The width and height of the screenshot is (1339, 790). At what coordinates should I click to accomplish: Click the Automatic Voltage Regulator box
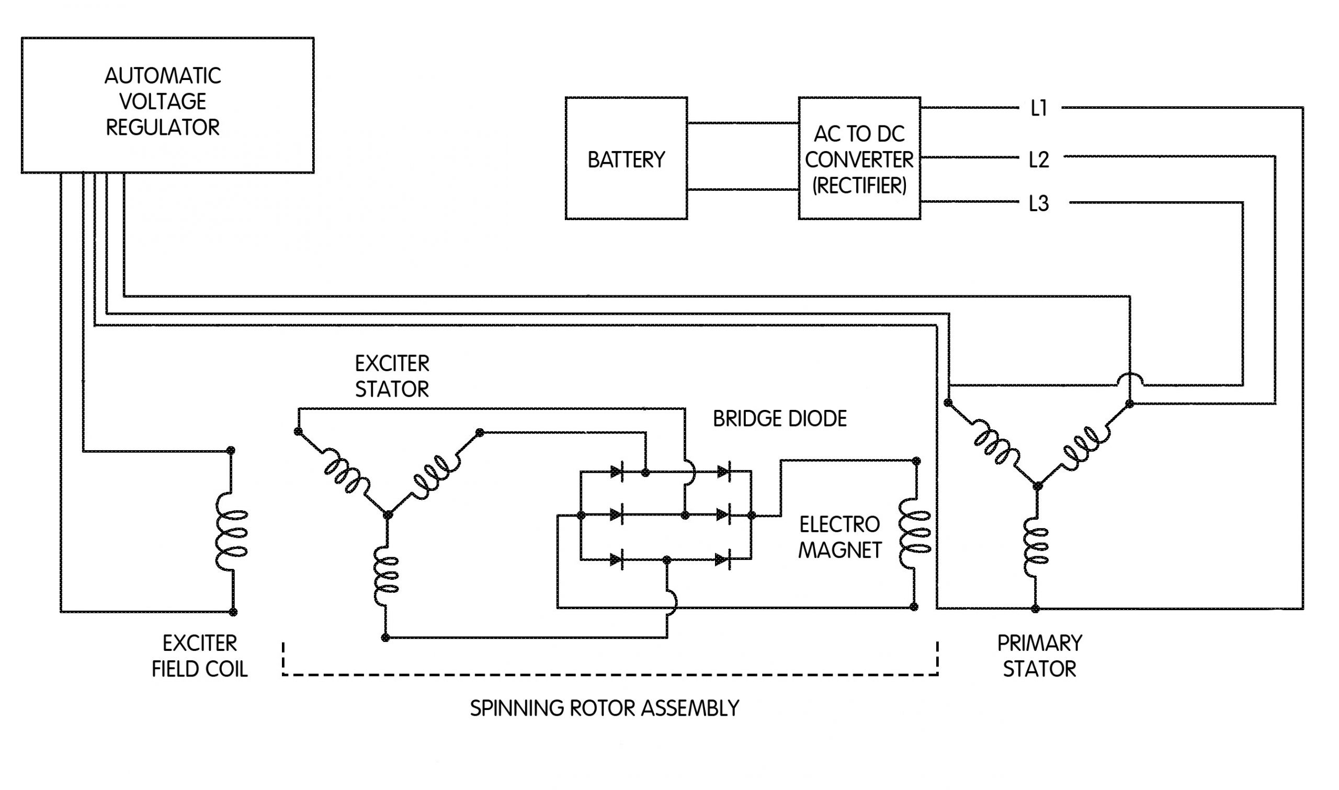tap(167, 105)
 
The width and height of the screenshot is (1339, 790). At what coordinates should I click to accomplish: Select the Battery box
tap(626, 158)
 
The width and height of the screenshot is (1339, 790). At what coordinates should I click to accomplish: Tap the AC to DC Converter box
tap(859, 158)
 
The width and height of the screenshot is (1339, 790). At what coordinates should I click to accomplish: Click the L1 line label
tap(1038, 109)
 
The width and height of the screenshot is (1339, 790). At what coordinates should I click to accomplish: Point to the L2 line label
tap(1038, 159)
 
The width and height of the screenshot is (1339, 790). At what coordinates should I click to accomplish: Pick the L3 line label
tap(1038, 203)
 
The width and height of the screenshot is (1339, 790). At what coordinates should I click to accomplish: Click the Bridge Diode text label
tap(779, 419)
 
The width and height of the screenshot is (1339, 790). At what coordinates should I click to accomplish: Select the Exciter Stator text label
tap(392, 376)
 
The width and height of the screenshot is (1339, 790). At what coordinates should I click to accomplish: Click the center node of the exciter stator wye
tap(388, 514)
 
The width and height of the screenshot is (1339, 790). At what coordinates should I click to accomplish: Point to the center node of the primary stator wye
tap(1037, 486)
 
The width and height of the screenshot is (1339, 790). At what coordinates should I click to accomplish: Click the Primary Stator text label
tap(1039, 656)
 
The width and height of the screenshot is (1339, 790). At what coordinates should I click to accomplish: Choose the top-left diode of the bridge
tap(617, 472)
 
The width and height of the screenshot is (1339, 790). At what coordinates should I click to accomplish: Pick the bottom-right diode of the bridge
tap(722, 559)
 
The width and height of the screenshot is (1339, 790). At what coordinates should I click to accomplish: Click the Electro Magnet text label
tap(839, 537)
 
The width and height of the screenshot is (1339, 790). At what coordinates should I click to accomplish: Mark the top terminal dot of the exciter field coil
tap(231, 450)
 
